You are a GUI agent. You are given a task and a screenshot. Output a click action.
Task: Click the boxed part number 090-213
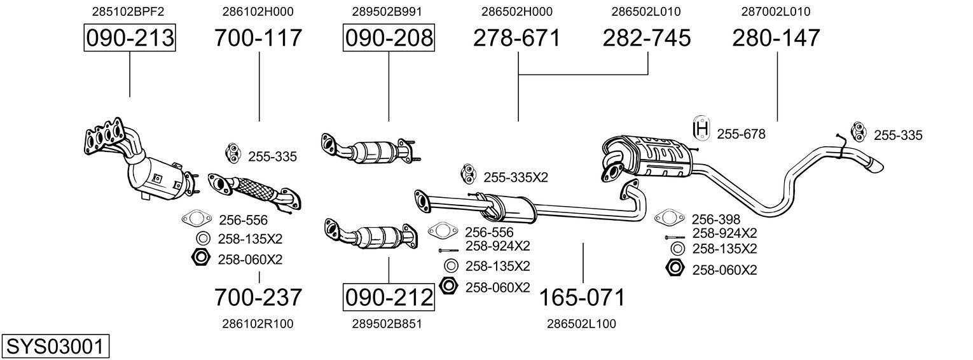pos(130,38)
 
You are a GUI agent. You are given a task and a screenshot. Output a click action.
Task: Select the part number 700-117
pos(258,38)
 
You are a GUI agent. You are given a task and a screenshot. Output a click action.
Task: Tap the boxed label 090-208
pos(389,38)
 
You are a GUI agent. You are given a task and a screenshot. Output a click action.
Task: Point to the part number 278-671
pos(517,38)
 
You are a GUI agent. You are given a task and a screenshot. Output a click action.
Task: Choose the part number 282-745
pos(647,38)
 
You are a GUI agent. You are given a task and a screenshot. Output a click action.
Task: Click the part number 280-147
pos(776,38)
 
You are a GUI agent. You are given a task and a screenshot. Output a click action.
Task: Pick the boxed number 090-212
pos(389,297)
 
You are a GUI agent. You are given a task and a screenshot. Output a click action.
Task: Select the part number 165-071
pos(583,297)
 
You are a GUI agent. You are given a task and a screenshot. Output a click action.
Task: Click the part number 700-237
pos(258,297)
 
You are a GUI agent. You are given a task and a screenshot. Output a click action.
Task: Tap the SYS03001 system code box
pos(55,347)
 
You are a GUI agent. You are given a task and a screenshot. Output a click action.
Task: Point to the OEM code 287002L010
pos(776,11)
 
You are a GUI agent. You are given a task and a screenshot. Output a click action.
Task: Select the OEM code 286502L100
pos(581,324)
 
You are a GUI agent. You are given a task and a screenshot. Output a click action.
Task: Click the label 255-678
pos(741,134)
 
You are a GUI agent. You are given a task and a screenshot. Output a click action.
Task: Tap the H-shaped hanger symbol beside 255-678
pos(701,129)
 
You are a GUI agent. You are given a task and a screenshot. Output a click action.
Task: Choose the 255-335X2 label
pos(516,177)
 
